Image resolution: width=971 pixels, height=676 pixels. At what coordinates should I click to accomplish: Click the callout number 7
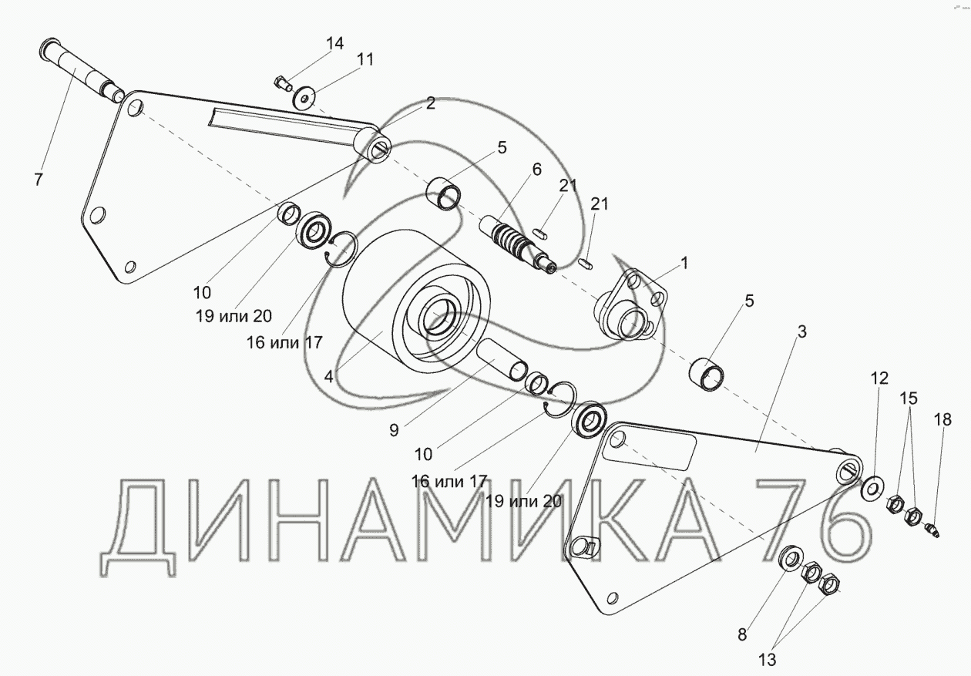[39, 179]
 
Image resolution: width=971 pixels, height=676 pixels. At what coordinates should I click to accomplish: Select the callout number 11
[365, 59]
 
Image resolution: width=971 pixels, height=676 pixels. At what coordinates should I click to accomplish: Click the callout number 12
[879, 378]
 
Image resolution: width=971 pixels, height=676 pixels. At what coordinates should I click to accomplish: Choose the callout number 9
[394, 430]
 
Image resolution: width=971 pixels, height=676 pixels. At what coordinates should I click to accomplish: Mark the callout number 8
[742, 634]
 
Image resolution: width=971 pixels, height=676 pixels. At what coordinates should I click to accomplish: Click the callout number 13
[768, 660]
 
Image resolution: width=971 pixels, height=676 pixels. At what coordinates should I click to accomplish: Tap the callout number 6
[536, 169]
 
